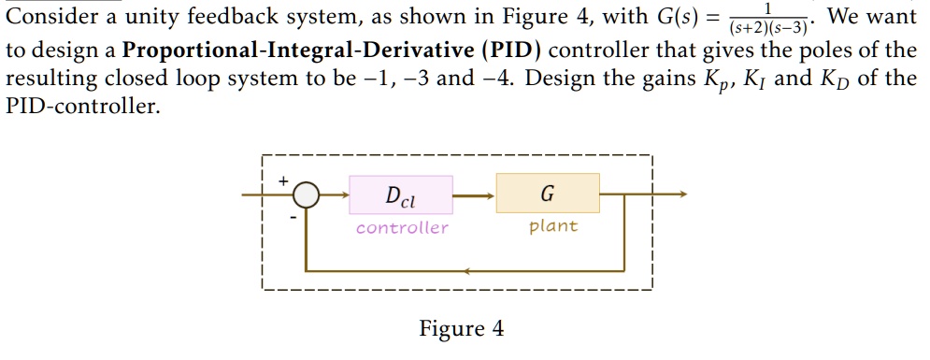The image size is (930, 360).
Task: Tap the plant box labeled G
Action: coord(547,194)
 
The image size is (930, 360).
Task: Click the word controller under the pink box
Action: coord(402,227)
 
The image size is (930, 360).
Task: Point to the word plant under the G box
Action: coord(553,226)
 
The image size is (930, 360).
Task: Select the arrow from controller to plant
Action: coord(475,195)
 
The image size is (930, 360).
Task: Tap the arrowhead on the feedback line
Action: coord(466,272)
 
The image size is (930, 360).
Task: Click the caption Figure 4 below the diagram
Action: coord(461,329)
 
